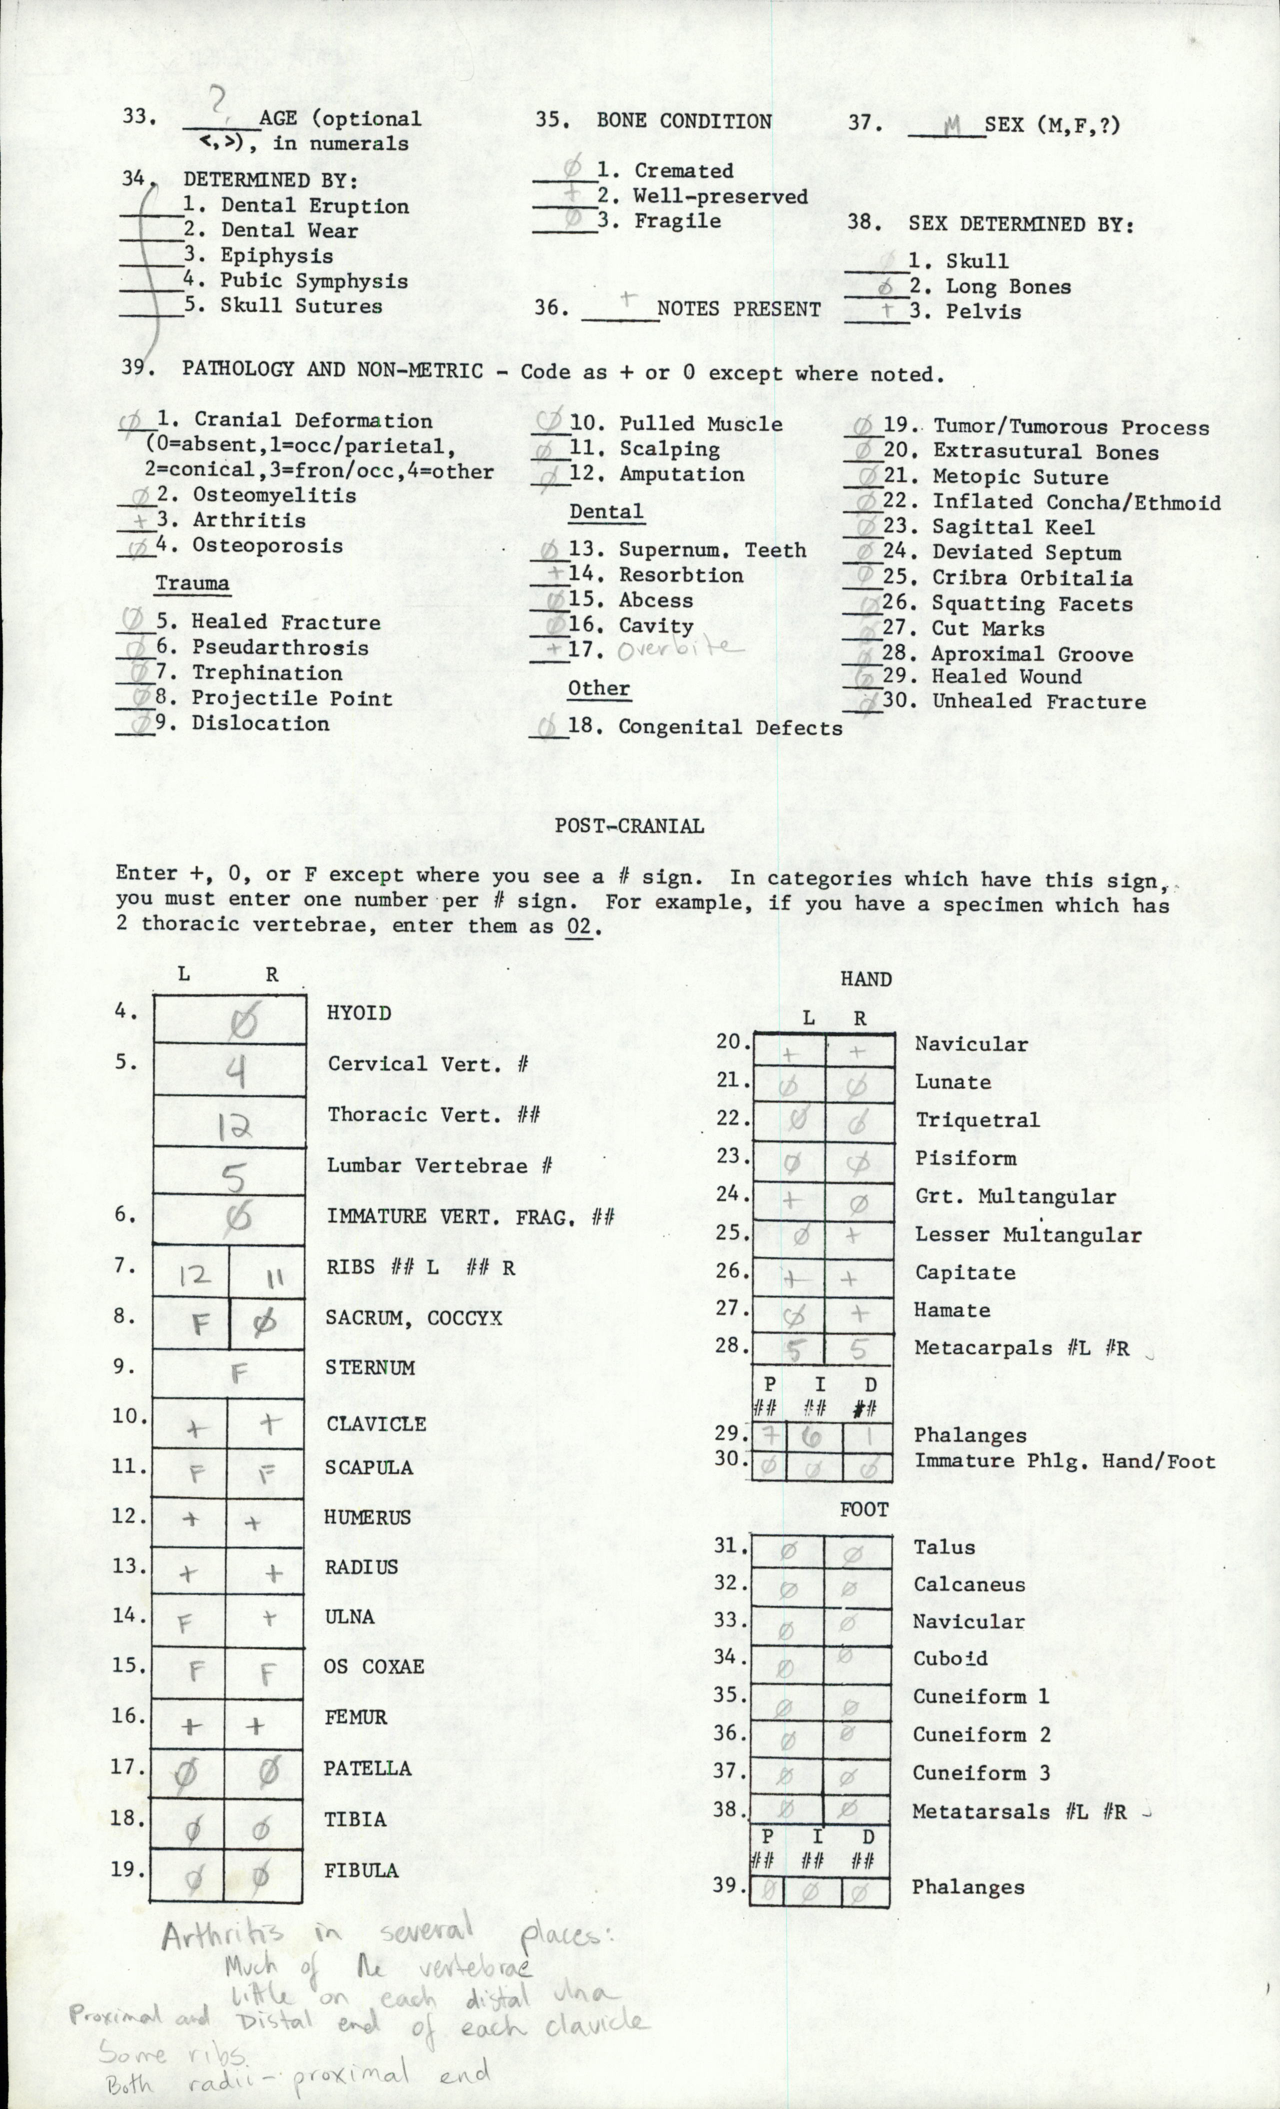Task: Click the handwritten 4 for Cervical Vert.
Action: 237,1070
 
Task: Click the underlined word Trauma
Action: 192,583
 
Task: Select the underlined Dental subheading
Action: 606,512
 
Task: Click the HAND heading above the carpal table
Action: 865,979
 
